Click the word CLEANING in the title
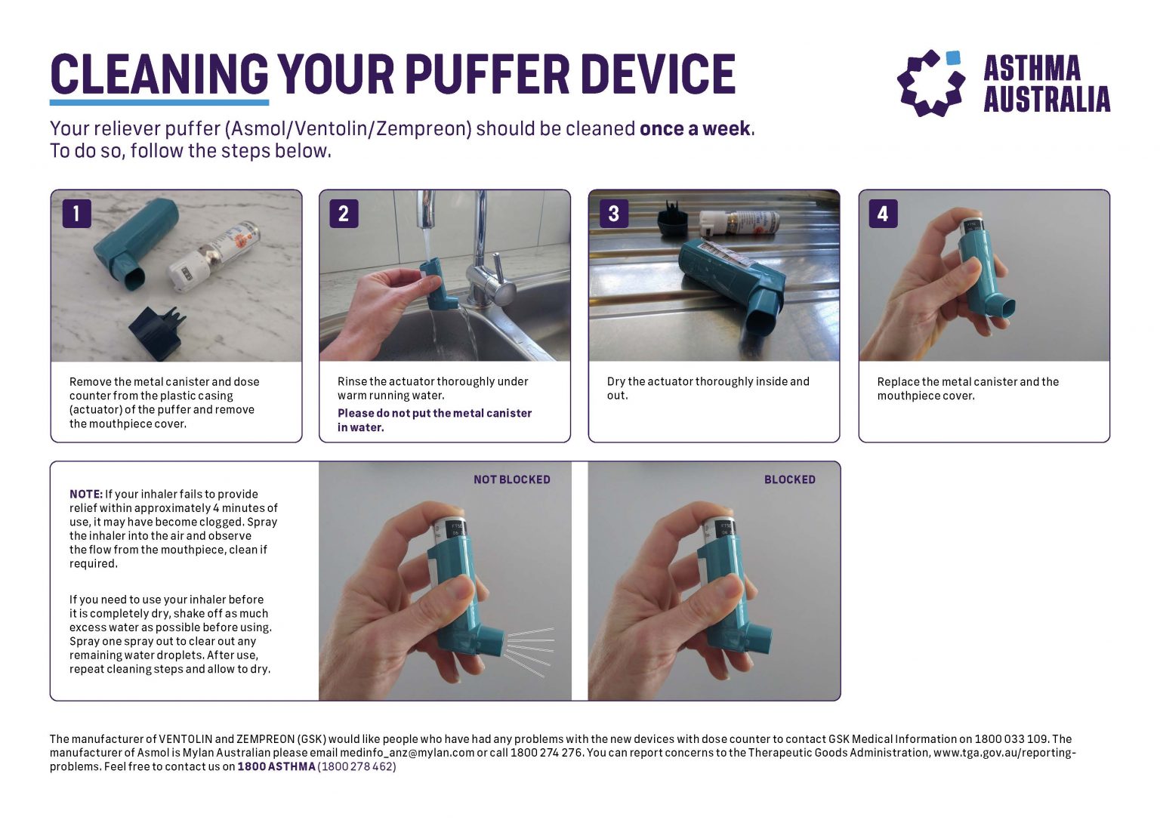pyautogui.click(x=159, y=74)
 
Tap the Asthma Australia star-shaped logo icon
pyautogui.click(x=930, y=83)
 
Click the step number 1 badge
pyautogui.click(x=76, y=214)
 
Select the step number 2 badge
pyautogui.click(x=344, y=214)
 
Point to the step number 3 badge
pyautogui.click(x=613, y=214)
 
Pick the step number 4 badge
pyautogui.click(x=882, y=214)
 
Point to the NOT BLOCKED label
pyautogui.click(x=511, y=479)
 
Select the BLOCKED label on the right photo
pyautogui.click(x=789, y=479)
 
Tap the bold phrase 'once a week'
pyautogui.click(x=695, y=129)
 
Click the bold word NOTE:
pyautogui.click(x=85, y=495)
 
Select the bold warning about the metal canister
pyautogui.click(x=434, y=420)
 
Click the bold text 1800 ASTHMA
pyautogui.click(x=276, y=766)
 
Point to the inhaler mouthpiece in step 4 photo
pyautogui.click(x=1002, y=308)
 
